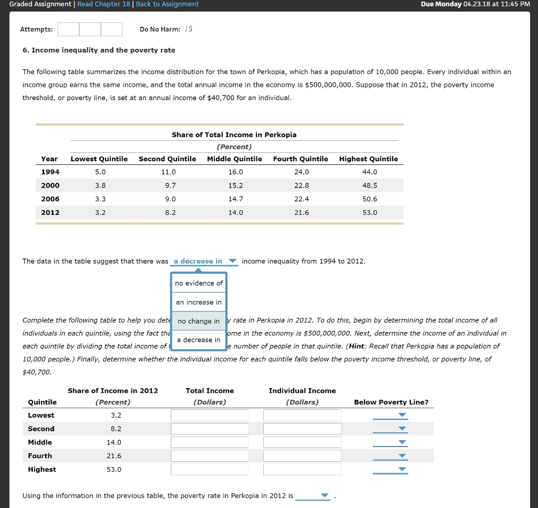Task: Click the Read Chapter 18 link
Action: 104,4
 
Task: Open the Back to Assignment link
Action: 167,4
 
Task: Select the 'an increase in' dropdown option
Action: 199,302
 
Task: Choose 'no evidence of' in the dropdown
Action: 199,283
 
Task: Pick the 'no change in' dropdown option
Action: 199,321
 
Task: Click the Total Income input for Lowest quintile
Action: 210,416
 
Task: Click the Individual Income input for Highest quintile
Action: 302,470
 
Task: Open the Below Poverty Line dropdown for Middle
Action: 402,442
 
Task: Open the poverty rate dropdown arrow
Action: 324,495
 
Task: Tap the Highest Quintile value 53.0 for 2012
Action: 369,213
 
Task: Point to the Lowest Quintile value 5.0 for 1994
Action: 100,172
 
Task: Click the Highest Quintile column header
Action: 368,159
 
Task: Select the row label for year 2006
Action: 50,199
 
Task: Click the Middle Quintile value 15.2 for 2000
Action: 235,185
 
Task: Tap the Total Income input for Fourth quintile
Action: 210,456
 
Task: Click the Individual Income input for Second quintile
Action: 302,429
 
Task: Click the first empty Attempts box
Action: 68,29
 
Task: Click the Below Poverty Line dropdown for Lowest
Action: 402,415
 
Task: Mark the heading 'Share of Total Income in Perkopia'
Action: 234,134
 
